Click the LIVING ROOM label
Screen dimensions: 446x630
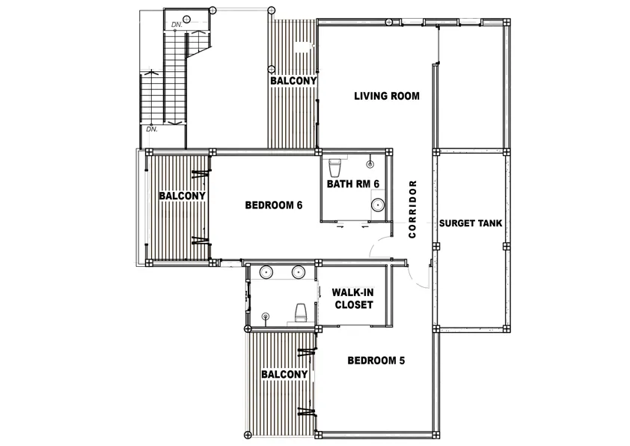(x=386, y=96)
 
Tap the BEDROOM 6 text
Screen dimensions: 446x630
(x=273, y=205)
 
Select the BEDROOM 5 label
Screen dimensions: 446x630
(x=376, y=361)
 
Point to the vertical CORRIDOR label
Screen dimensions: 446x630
(x=412, y=209)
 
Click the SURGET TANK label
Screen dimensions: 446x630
(x=471, y=223)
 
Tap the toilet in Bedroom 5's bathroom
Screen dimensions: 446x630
(x=300, y=313)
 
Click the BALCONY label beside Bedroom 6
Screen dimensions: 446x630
(x=182, y=196)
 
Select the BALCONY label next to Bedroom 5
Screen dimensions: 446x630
(x=284, y=374)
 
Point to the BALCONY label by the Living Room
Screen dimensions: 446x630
(x=293, y=81)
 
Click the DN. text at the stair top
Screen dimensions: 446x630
(x=177, y=25)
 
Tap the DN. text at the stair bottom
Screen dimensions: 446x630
(x=152, y=130)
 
